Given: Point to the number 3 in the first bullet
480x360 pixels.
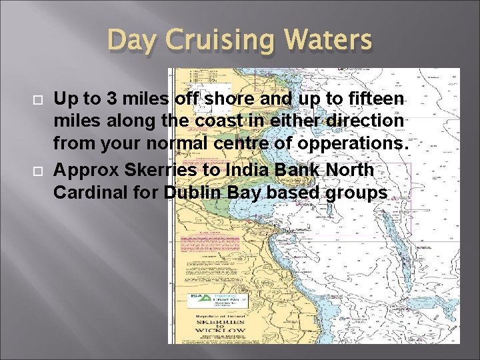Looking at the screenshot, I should point(111,99).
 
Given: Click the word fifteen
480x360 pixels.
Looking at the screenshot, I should point(378,99).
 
